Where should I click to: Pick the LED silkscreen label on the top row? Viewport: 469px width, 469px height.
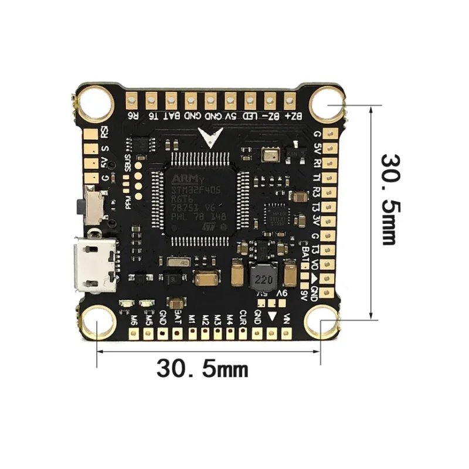(250, 116)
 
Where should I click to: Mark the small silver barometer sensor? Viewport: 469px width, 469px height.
(271, 154)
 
